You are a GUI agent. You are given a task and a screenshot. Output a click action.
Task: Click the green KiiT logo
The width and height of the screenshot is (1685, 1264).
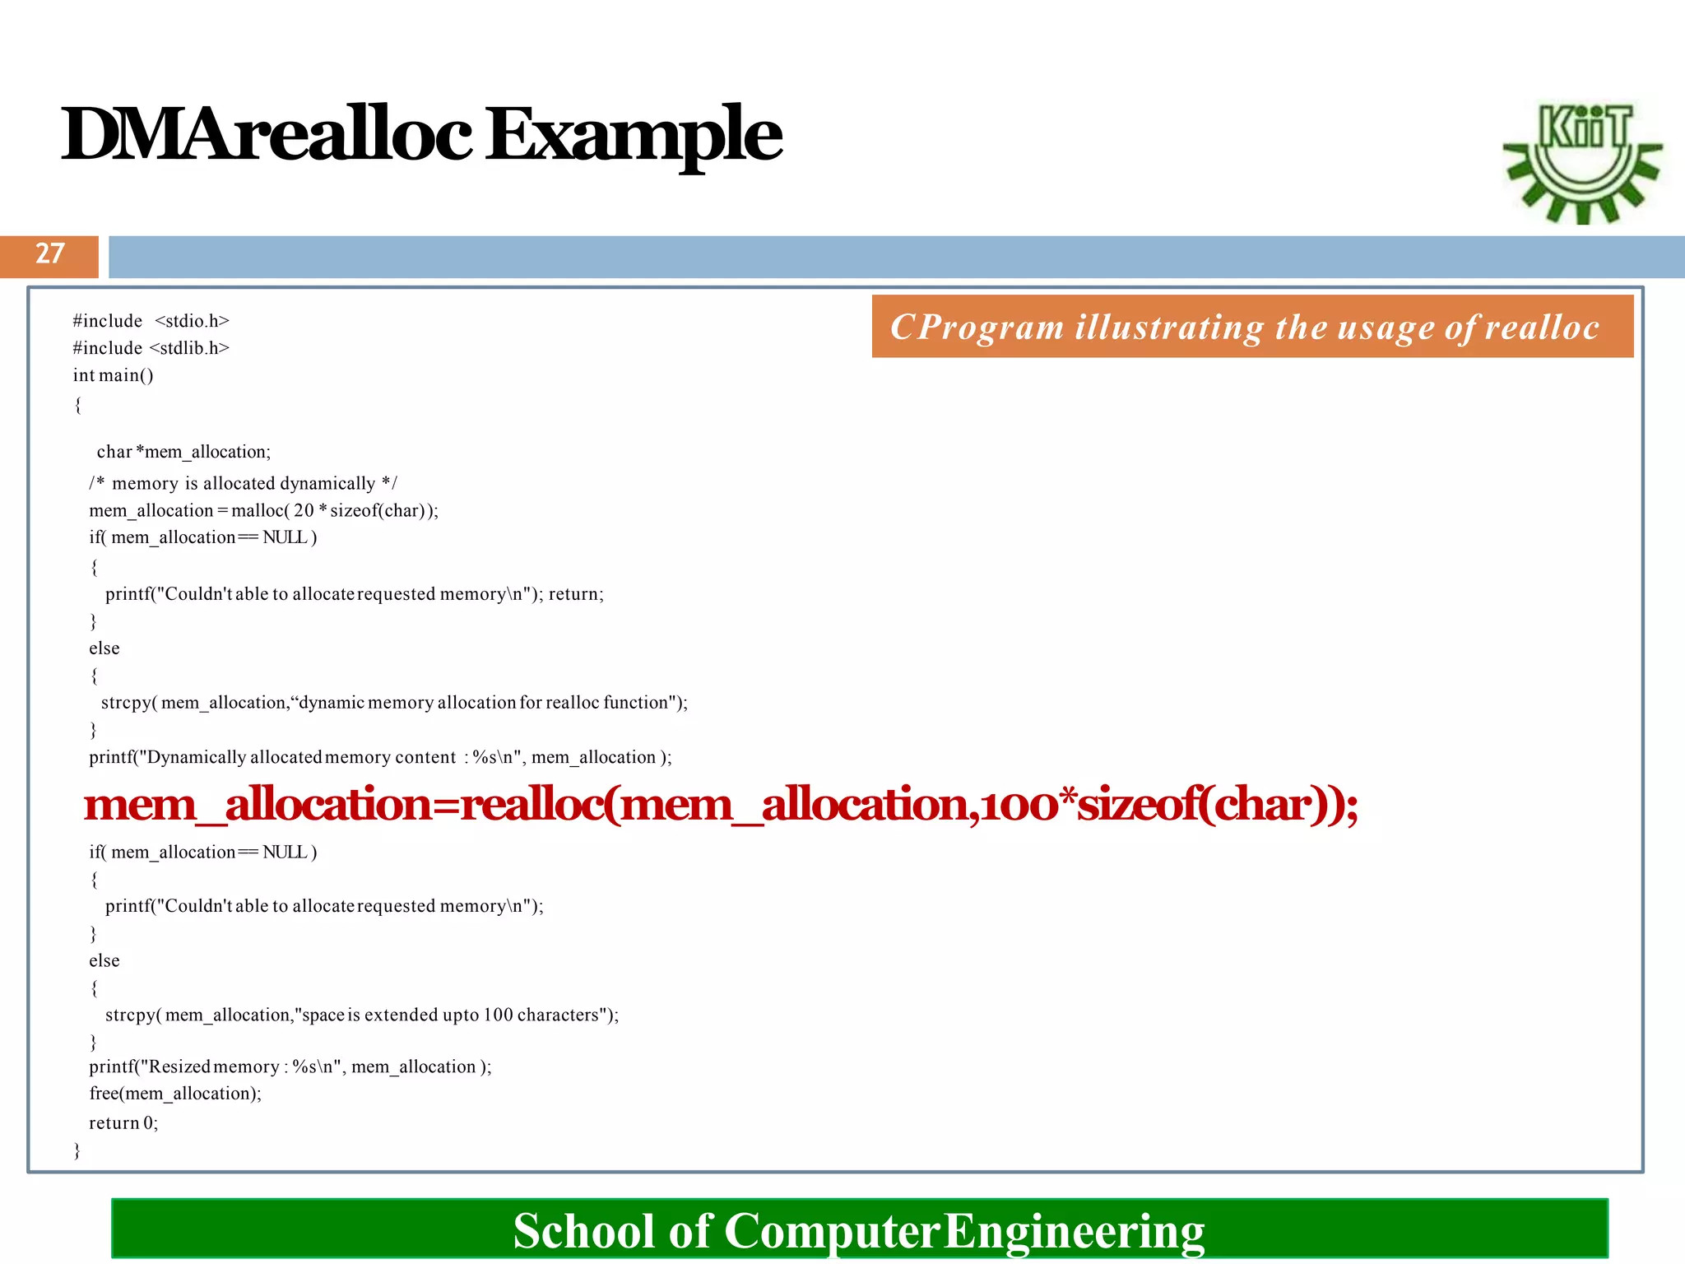[1581, 162]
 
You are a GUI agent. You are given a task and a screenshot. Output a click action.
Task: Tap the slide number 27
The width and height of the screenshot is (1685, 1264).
[49, 253]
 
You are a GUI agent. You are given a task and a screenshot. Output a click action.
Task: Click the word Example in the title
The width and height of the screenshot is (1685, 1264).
[634, 136]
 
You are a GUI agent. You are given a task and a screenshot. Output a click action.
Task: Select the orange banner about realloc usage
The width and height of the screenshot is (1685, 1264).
[1251, 327]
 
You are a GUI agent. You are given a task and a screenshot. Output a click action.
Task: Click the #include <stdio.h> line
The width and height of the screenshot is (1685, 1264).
[151, 321]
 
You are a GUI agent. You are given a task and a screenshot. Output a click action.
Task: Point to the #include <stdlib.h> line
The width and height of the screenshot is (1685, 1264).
[151, 348]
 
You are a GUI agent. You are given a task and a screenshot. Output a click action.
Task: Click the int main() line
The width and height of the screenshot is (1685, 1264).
[113, 375]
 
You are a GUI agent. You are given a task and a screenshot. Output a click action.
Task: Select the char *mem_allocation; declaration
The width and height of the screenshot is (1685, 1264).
[183, 452]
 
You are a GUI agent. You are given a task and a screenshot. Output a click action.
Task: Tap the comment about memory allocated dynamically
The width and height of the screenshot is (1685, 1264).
[243, 483]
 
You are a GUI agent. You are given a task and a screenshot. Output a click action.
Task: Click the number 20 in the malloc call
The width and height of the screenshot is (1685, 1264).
[304, 510]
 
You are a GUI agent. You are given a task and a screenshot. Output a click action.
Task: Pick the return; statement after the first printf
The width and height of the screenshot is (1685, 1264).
[576, 594]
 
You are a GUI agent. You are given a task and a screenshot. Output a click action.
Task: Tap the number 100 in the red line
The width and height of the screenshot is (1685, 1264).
[1019, 804]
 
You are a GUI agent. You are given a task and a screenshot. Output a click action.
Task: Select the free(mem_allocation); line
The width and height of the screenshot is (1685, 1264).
[175, 1094]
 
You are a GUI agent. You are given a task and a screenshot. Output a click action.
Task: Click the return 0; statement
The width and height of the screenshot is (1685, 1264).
[123, 1123]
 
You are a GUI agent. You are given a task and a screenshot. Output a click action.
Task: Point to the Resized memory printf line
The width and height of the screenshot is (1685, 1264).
[290, 1067]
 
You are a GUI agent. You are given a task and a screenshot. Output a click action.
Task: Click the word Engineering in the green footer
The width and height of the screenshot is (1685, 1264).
[1074, 1230]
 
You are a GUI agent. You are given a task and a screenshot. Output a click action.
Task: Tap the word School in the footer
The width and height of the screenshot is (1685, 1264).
[584, 1230]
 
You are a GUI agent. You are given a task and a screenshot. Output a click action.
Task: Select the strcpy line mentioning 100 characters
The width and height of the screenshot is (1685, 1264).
[361, 1015]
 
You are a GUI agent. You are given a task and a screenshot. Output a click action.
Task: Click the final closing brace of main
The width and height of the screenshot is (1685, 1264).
[77, 1150]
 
